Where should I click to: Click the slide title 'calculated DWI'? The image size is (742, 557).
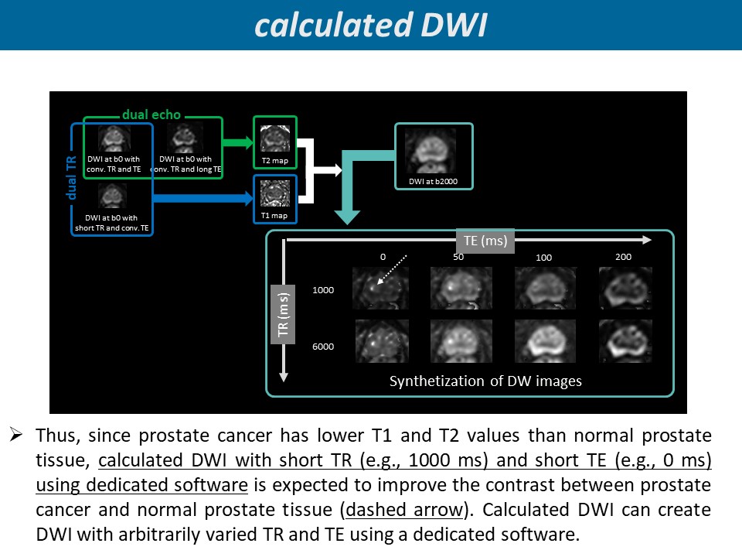[371, 25]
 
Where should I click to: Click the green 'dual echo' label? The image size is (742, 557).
[151, 115]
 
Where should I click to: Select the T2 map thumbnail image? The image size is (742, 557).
[274, 139]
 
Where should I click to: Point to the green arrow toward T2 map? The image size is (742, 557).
[237, 142]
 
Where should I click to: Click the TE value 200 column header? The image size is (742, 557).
[623, 256]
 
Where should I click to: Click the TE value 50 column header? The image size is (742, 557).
[458, 257]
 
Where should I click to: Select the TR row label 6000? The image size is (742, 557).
[323, 347]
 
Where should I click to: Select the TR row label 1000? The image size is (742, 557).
[323, 290]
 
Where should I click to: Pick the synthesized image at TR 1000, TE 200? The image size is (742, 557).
[625, 288]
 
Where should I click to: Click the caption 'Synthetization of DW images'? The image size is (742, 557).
[485, 381]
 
